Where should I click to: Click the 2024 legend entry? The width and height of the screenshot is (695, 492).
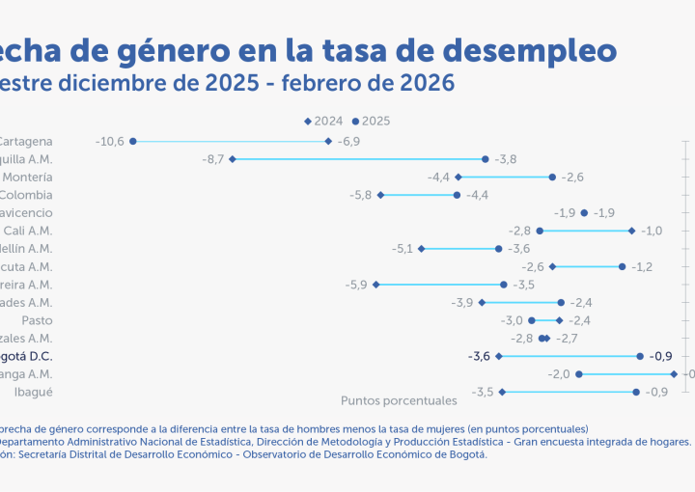[324, 122]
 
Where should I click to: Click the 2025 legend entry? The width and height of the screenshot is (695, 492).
[372, 122]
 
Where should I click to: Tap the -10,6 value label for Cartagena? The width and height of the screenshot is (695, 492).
[110, 142]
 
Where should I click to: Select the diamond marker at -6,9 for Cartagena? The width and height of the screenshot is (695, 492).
[328, 141]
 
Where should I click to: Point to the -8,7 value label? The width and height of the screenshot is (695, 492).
[213, 159]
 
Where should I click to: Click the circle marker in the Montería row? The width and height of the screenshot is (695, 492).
[552, 178]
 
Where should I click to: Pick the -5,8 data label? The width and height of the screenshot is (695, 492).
[361, 195]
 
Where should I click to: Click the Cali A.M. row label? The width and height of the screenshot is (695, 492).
[28, 231]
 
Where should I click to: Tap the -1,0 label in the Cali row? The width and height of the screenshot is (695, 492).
[652, 231]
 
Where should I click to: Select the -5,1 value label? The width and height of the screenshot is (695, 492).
[403, 249]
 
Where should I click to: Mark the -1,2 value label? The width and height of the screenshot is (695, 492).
[642, 266]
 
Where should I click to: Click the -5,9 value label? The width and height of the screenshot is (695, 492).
[356, 285]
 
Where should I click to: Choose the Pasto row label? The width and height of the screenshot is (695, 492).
[37, 320]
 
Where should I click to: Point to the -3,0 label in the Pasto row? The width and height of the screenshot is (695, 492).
[512, 320]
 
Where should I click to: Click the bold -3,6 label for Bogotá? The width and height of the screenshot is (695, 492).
[479, 356]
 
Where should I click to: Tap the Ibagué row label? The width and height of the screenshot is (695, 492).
[33, 392]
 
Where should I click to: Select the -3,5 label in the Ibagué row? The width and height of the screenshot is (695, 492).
[483, 392]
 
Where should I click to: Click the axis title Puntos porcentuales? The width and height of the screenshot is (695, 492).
[398, 399]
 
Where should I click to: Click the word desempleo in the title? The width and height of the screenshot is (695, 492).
[517, 48]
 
